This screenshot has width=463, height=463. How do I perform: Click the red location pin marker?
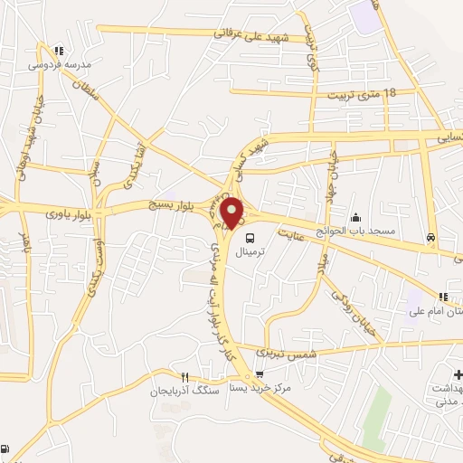coord(232,213)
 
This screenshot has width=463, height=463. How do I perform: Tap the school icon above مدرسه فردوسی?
coord(59,52)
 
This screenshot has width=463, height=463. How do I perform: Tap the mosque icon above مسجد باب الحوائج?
coord(355,217)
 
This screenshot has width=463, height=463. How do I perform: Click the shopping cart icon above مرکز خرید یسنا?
coord(260,373)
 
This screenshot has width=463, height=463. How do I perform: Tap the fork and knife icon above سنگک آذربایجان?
coord(185,377)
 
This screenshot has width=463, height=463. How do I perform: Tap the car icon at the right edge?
coord(430,238)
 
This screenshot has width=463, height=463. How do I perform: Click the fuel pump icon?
coord(6,449)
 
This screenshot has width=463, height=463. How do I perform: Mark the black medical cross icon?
coord(458,374)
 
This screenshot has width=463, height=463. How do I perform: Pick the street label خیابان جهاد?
coord(332,168)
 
